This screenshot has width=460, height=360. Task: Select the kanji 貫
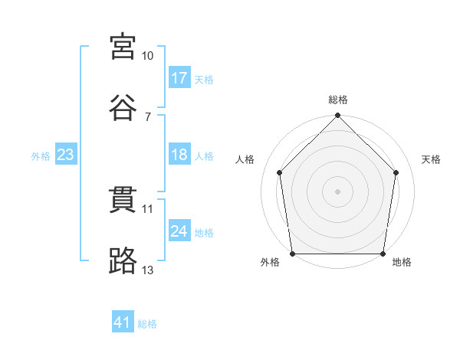[x=124, y=200]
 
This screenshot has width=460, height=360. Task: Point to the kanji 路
[x=124, y=260]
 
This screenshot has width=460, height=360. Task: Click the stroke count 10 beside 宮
[x=148, y=56]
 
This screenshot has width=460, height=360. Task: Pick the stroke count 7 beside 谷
[x=147, y=116]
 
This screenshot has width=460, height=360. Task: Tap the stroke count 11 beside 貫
[x=148, y=209]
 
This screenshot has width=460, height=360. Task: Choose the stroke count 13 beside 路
[x=148, y=270]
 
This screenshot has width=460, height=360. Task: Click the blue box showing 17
[x=179, y=78]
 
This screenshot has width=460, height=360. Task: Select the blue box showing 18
[x=179, y=155]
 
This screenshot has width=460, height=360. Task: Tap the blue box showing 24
[x=179, y=231]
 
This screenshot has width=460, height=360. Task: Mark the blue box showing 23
[x=66, y=155]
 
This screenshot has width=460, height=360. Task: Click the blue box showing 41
[x=123, y=322]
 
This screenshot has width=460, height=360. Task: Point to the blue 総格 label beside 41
[x=147, y=324]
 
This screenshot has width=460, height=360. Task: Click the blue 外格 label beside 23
[x=41, y=156]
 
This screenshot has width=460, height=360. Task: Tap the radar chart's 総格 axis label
[x=338, y=100]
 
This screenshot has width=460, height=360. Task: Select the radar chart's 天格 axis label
[x=432, y=159]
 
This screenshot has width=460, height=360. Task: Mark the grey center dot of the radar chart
[x=338, y=191]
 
